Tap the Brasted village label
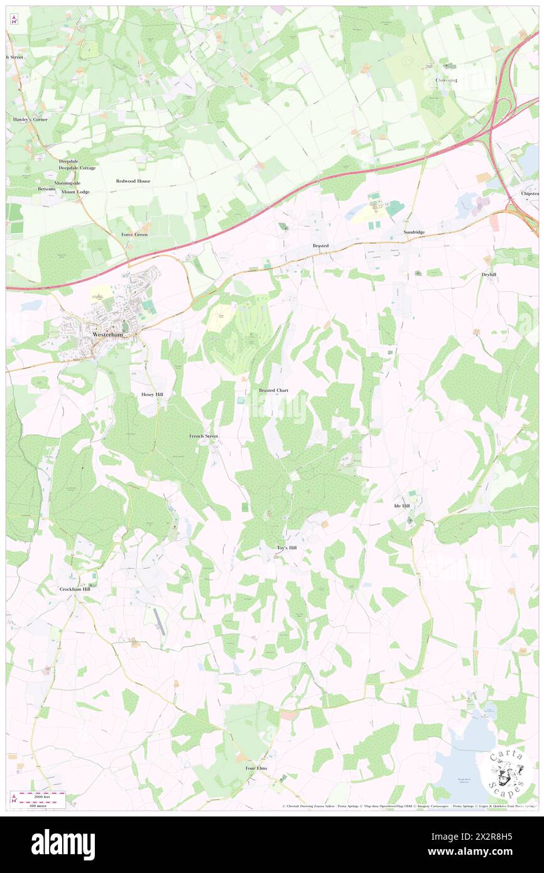click(x=321, y=246)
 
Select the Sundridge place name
click(x=414, y=232)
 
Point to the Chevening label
click(x=447, y=80)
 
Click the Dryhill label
click(x=489, y=274)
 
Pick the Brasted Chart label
click(x=274, y=390)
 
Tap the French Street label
click(x=204, y=435)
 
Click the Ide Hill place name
click(x=401, y=506)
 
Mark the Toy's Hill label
click(x=286, y=548)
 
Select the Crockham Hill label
click(x=75, y=589)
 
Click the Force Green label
click(x=134, y=234)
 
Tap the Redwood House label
click(x=133, y=181)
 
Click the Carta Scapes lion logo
click(x=504, y=771)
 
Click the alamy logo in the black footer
click(x=63, y=844)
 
